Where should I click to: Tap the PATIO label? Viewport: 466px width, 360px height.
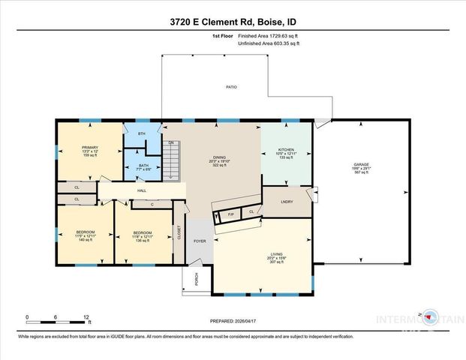coord(232,88)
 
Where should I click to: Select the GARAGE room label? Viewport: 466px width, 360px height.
coord(362,164)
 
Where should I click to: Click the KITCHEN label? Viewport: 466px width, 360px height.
coord(285,150)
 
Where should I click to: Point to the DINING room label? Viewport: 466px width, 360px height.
coord(218,156)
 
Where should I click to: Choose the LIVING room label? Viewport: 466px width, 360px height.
coord(277,254)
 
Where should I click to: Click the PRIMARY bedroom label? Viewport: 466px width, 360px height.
coord(90,147)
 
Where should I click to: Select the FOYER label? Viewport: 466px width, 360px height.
coord(200,241)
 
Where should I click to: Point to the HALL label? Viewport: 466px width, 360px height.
coord(141,190)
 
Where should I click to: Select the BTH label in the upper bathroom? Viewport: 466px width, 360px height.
coord(140,133)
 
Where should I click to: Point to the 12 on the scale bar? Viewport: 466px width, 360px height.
coord(88,317)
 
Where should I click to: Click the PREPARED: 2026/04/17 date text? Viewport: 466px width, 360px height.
coord(233,321)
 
